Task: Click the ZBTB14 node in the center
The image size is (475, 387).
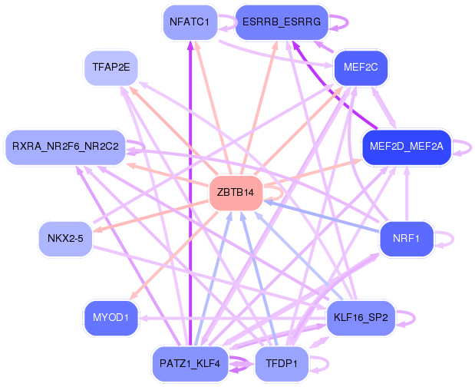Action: coord(236,192)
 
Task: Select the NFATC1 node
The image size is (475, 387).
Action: coord(189,21)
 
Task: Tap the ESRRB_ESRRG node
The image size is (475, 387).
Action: coord(282,21)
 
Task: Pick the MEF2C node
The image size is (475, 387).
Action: coord(361,68)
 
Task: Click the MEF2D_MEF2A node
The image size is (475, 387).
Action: coord(406,146)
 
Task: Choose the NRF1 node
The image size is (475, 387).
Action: coord(406,238)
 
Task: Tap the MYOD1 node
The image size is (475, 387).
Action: coord(111,316)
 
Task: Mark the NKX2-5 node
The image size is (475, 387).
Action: coord(65,238)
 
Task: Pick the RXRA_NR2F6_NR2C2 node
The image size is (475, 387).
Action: coord(65,146)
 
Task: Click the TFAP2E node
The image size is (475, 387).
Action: coord(111,68)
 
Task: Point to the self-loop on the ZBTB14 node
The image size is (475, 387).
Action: coord(275,192)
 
